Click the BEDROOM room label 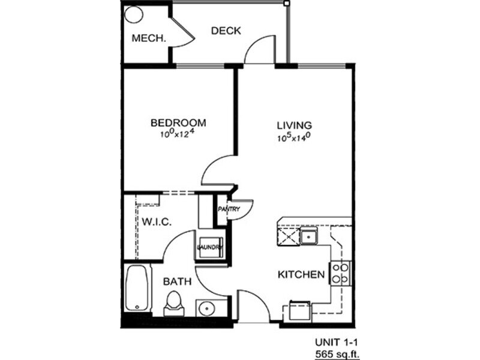pyautogui.click(x=178, y=123)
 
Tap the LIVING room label pyautogui.click(x=294, y=125)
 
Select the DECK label pyautogui.click(x=226, y=31)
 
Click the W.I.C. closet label pyautogui.click(x=157, y=221)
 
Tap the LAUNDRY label pyautogui.click(x=209, y=247)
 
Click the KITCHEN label pyautogui.click(x=301, y=275)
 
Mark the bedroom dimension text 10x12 pyautogui.click(x=178, y=134)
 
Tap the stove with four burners pyautogui.click(x=341, y=273)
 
